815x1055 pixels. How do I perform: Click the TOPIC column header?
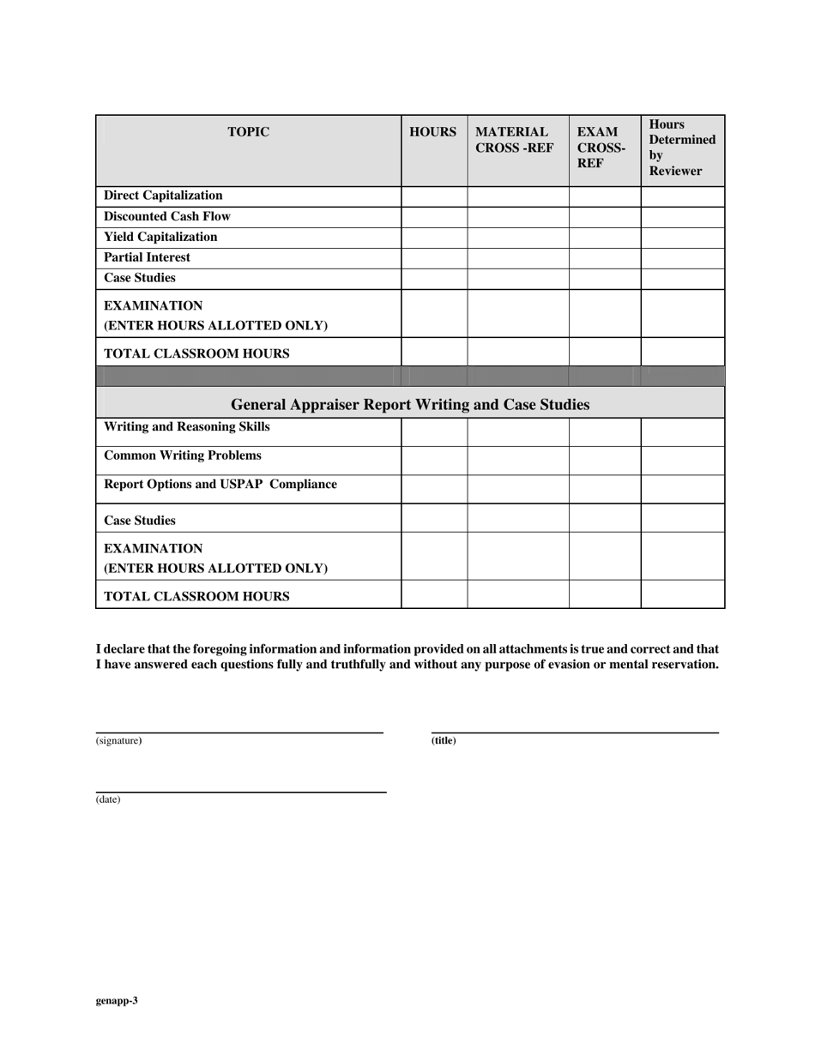pyautogui.click(x=248, y=132)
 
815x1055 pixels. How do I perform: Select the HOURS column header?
pyautogui.click(x=432, y=132)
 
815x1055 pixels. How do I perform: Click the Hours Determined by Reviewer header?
pyautogui.click(x=682, y=148)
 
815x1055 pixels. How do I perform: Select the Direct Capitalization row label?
pyautogui.click(x=163, y=196)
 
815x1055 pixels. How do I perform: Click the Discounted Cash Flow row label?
pyautogui.click(x=167, y=216)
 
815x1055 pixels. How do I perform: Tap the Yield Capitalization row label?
pyautogui.click(x=160, y=237)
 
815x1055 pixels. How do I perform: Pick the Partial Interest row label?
pyautogui.click(x=148, y=257)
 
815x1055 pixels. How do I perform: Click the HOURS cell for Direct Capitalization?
pyautogui.click(x=434, y=196)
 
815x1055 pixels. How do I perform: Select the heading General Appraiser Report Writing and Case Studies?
pyautogui.click(x=410, y=404)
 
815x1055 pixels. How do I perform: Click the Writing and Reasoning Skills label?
pyautogui.click(x=186, y=427)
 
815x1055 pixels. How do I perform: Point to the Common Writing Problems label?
pyautogui.click(x=183, y=455)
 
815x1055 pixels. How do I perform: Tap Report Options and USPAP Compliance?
pyautogui.click(x=220, y=485)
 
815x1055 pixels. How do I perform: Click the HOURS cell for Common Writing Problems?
pyautogui.click(x=434, y=461)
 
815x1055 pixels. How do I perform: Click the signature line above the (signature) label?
pyautogui.click(x=239, y=732)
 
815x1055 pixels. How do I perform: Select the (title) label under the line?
pyautogui.click(x=444, y=741)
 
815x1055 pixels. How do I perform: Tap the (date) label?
pyautogui.click(x=108, y=799)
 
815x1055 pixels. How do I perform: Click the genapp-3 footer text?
pyautogui.click(x=117, y=1000)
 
